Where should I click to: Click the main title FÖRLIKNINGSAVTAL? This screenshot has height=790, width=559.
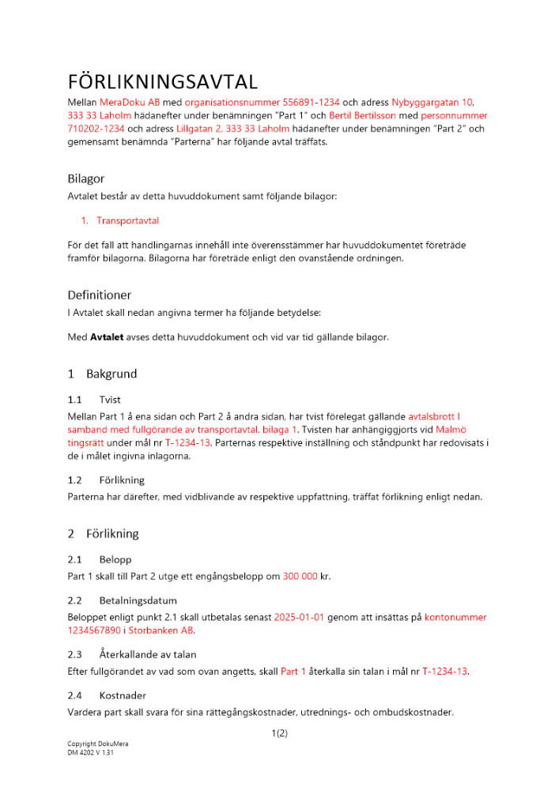point(162,82)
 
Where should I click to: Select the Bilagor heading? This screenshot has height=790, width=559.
point(86,179)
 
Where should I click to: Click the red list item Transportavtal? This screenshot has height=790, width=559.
point(127,220)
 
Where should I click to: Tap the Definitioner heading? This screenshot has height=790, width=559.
point(100,295)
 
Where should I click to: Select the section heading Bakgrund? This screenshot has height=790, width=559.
point(111,374)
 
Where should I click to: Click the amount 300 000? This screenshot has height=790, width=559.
point(300,576)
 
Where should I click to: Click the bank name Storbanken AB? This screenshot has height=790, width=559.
point(161,630)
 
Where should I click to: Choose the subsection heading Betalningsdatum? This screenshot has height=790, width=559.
point(138,600)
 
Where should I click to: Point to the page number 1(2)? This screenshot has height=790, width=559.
point(279,733)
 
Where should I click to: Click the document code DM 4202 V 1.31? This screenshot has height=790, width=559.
point(92,754)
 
